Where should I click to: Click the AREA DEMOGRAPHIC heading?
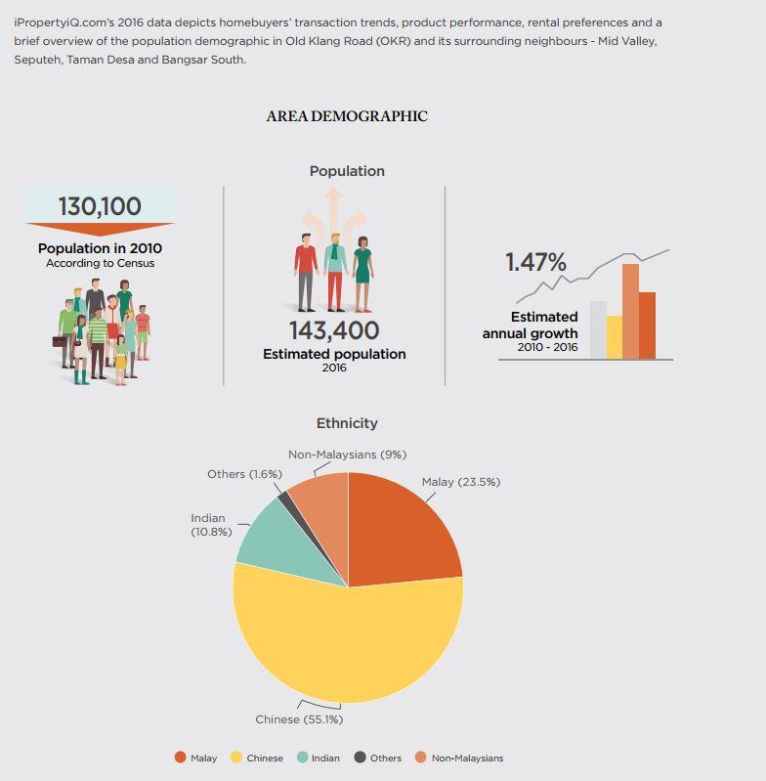pos(347,116)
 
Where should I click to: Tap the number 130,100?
pos(100,206)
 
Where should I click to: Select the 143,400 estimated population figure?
pos(334,330)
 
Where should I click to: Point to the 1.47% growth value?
pos(536,262)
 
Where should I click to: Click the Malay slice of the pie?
pos(399,533)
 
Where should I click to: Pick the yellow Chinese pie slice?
pos(344,642)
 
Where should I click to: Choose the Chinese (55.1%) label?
pos(299,719)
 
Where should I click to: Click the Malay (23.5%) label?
pos(461,482)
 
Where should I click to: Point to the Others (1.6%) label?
pos(244,474)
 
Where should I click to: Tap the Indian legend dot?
pos(303,758)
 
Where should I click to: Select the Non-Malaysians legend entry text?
pos(467,759)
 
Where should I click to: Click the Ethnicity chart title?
pos(347,423)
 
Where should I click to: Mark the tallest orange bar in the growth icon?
pos(630,311)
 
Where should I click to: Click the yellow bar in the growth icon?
pos(615,336)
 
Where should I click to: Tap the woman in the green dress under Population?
pos(362,274)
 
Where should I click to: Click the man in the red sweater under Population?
pos(306,273)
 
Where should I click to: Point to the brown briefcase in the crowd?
pos(60,341)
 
